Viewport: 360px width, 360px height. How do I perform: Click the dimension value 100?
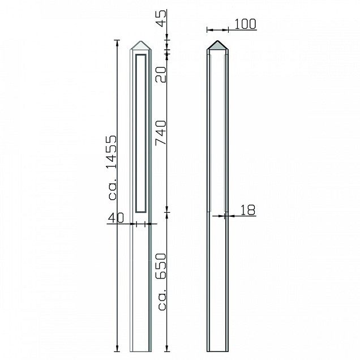245,24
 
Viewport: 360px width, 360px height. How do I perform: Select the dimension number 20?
161,75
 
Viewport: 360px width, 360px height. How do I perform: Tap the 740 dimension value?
161,133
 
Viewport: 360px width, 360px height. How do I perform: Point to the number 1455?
112,152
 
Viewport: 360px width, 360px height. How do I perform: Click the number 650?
161,266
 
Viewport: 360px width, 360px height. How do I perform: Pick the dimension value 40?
116,218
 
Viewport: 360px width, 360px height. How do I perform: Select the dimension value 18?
248,210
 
